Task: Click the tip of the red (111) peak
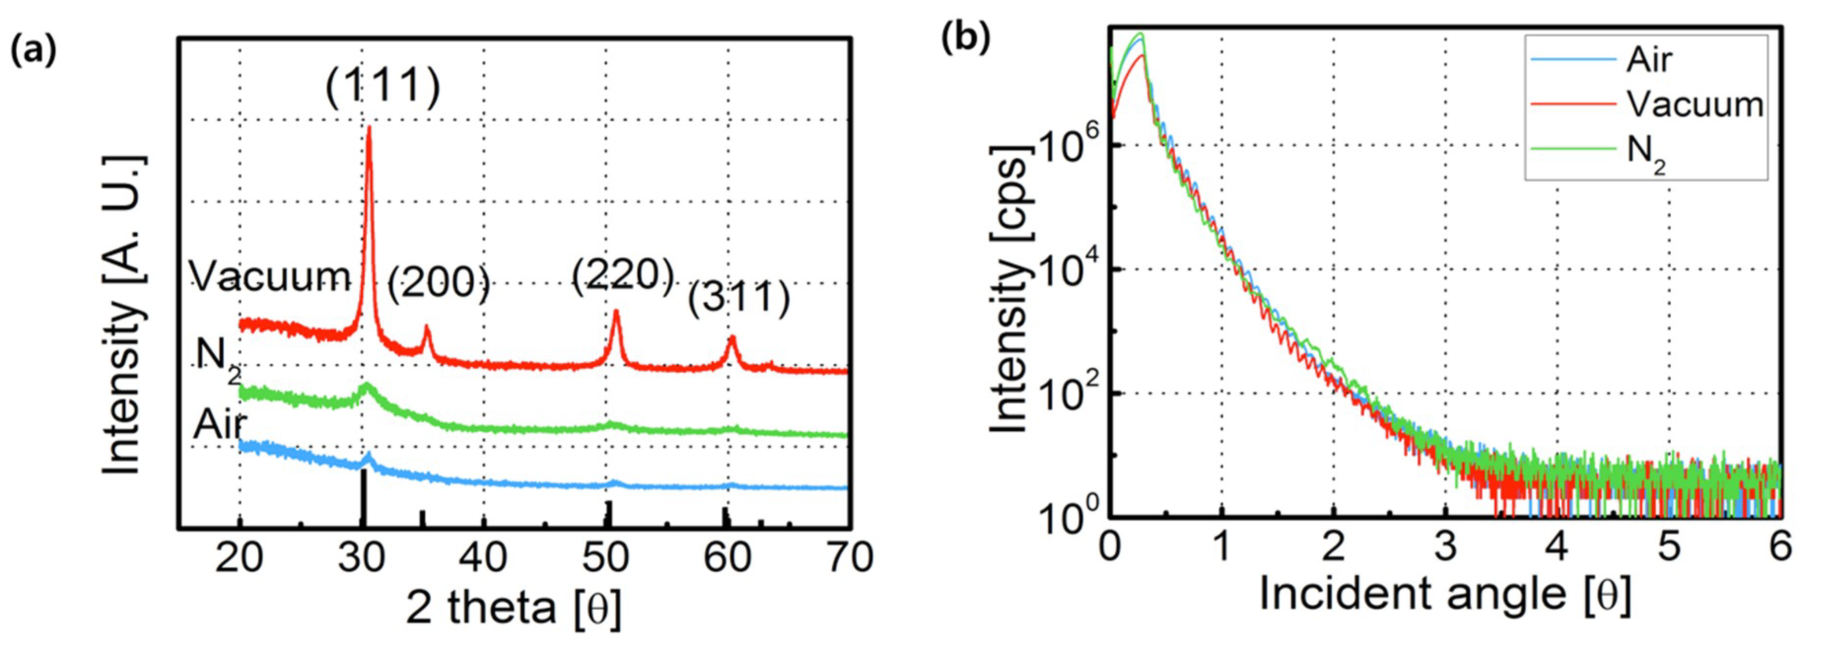368,130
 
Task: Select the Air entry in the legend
1649,60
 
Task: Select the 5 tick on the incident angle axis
1670,547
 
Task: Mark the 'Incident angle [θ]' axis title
1445,594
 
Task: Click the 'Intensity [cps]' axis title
1009,290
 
